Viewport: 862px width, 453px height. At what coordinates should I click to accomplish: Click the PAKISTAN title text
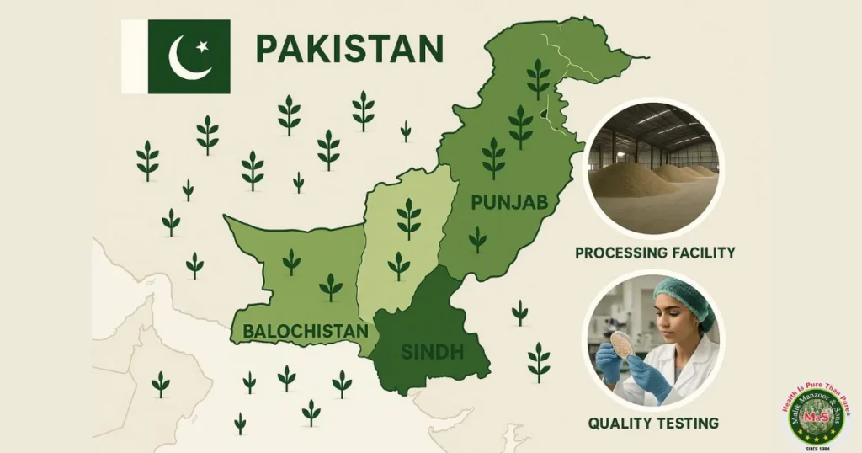(349, 49)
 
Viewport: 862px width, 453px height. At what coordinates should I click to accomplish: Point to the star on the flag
(202, 46)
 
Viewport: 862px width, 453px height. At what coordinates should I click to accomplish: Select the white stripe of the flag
(135, 56)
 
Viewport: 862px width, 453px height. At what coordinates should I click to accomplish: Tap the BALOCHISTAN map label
(305, 331)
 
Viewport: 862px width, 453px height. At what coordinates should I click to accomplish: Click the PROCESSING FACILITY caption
(655, 253)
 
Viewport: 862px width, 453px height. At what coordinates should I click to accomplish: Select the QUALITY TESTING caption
(654, 423)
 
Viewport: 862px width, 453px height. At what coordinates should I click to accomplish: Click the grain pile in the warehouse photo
(640, 181)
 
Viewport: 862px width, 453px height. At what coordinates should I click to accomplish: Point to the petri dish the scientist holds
(624, 343)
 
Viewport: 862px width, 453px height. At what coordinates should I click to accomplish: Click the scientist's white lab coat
(690, 370)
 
